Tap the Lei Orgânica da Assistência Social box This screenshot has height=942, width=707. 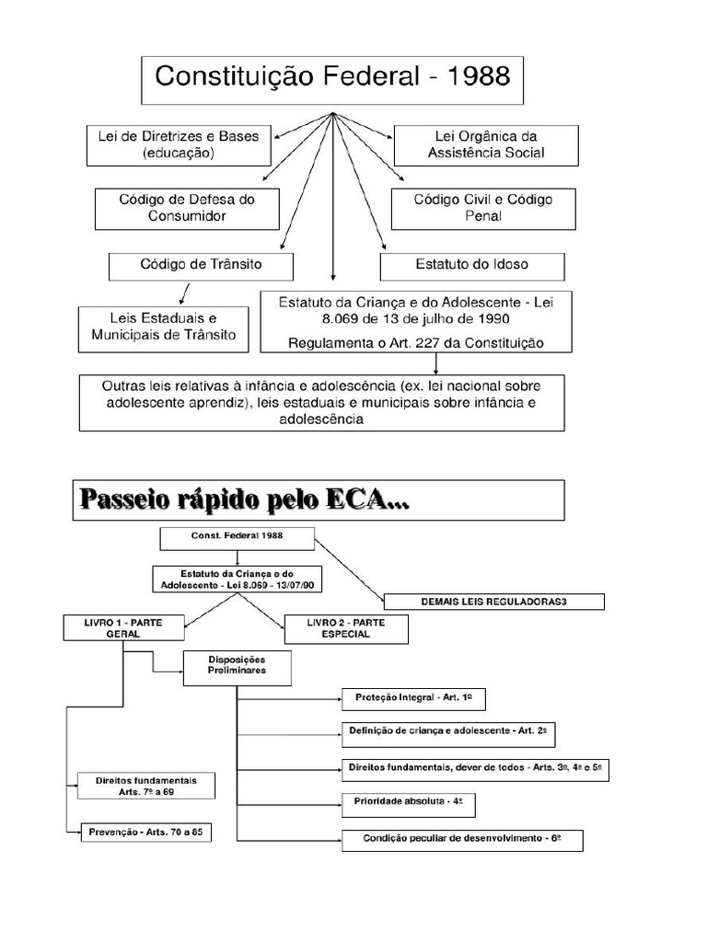(486, 144)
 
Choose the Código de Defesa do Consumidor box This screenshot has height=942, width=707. (187, 208)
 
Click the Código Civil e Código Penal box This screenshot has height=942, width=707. (483, 208)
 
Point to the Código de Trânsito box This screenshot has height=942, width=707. (201, 265)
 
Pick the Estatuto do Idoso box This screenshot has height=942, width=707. (472, 265)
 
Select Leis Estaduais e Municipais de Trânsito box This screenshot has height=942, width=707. (164, 327)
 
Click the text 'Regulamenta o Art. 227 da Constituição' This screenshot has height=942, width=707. (416, 343)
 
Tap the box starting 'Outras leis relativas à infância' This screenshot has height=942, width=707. (321, 402)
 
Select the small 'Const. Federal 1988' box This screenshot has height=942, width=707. (238, 537)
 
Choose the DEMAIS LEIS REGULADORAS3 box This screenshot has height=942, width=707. (493, 602)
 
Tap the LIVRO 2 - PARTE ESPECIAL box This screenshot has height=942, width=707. (346, 628)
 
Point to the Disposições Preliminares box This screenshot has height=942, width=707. (238, 666)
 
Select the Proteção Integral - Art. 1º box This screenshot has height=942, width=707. (413, 698)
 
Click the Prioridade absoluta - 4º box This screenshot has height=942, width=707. (408, 802)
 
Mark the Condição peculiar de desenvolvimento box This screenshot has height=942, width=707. (461, 839)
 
